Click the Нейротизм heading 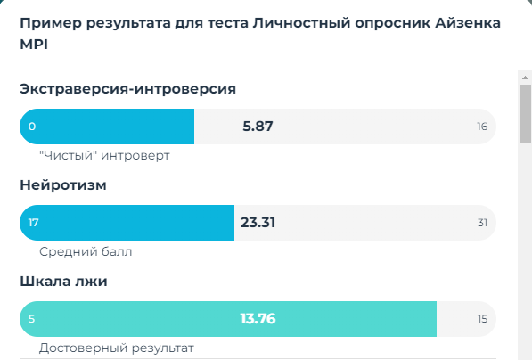pos(62,185)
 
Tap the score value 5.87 pos(258,127)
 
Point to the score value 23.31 pos(258,223)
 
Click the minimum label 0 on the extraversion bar pos(32,127)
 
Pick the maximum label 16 pos(482,127)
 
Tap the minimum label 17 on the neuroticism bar pos(33,223)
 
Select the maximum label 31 pos(482,223)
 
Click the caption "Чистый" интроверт pos(104,155)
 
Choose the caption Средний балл pos(86,251)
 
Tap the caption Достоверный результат pos(116,348)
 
